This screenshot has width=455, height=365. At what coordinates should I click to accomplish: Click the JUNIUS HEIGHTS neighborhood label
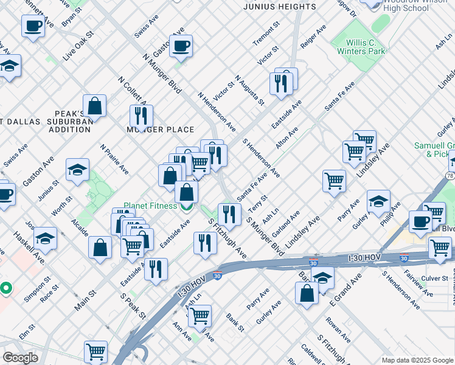pos(279,7)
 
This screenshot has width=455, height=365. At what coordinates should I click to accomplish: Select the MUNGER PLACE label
pos(160,130)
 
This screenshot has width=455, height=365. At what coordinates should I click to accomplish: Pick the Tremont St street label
pos(266,33)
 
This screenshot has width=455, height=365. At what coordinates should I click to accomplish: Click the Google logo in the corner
pos(20,357)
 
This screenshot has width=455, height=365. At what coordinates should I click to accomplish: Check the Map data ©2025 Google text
pos(417,360)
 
